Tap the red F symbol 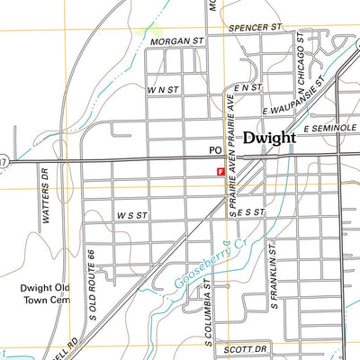point(220,170)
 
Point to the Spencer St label point(255,28)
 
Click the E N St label point(247,88)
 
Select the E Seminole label point(330,130)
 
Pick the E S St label point(253,212)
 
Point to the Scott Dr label point(247,348)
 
